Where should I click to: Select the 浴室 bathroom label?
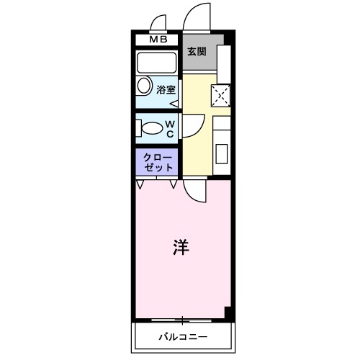pos(166,89)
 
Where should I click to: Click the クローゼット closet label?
pos(158,161)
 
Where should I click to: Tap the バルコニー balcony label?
pos(183,336)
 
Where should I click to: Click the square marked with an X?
pos(220,95)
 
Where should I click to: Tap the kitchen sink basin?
pos(221,153)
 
